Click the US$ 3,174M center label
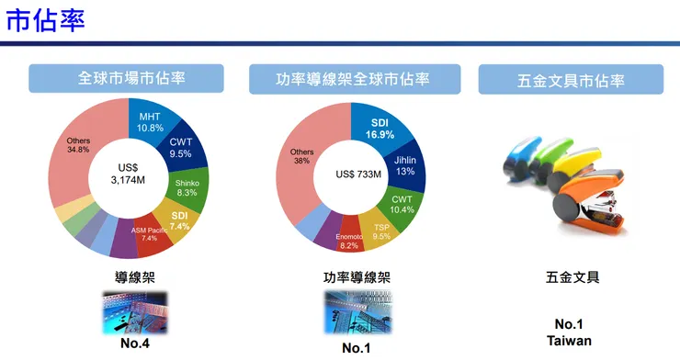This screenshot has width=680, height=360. point(129,174)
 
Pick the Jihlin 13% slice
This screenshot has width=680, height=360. point(404,165)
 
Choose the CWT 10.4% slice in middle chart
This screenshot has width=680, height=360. point(402,204)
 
